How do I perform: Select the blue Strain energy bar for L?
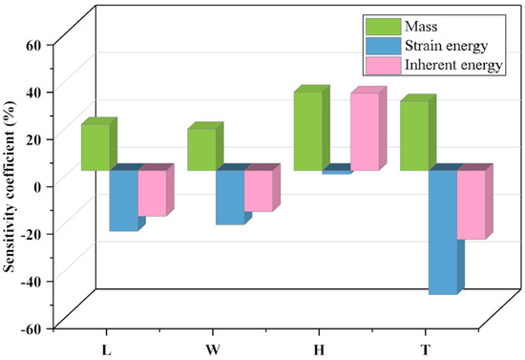(123, 200)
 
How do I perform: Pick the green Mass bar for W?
(200, 149)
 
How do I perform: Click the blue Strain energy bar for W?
(229, 197)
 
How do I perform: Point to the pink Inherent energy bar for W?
(258, 190)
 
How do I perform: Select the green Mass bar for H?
(307, 131)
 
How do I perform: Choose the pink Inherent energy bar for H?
(365, 132)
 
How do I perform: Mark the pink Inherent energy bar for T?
(471, 204)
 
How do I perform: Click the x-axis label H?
(318, 349)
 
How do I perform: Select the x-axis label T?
(424, 349)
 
